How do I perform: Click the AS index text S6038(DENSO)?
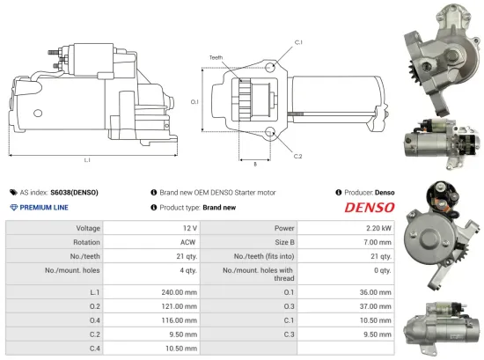(74, 191)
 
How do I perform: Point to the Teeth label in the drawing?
(216, 58)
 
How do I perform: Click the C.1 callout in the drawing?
(298, 41)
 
